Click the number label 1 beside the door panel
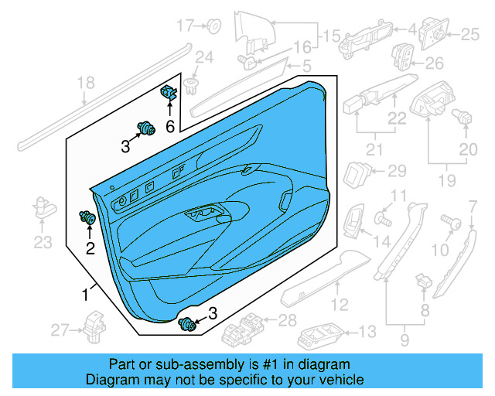85,294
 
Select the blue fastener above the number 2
88,219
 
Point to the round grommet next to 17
213,27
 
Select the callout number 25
470,34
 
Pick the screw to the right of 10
449,222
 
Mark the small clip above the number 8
422,280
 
